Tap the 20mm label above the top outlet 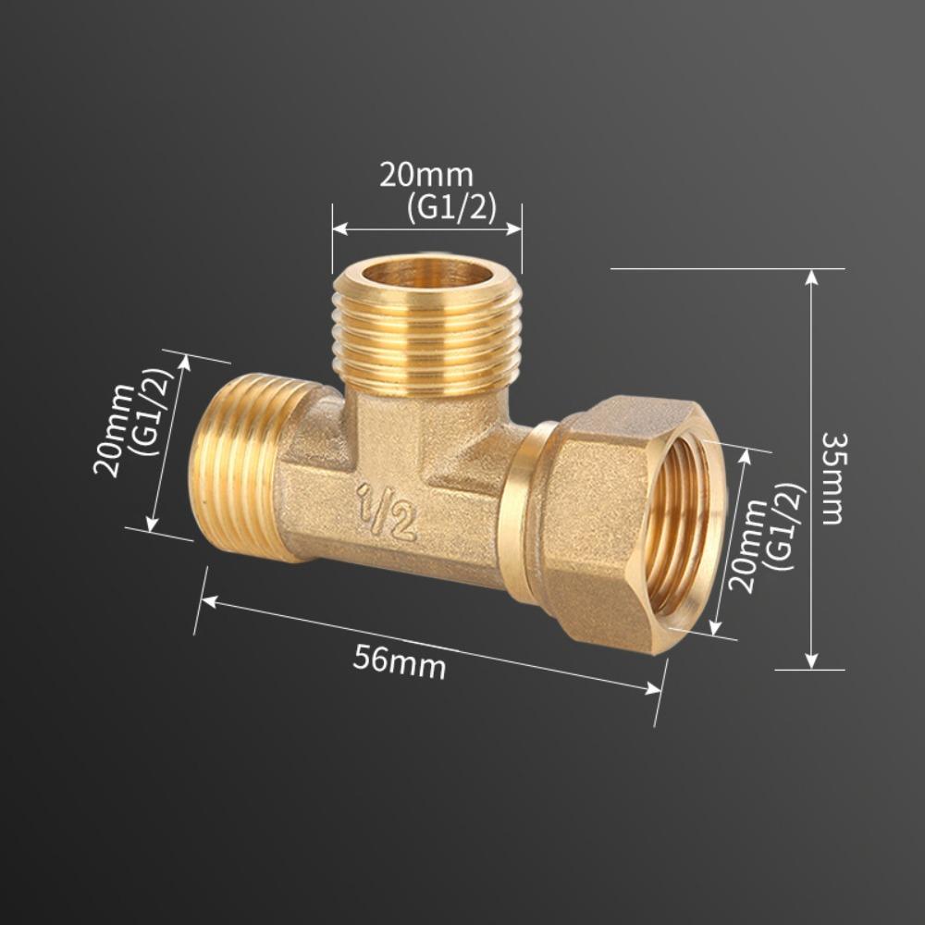pos(425,175)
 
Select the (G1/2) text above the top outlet pos(451,208)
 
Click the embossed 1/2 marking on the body pos(388,512)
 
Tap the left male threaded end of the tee pos(231,467)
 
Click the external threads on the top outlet pos(426,342)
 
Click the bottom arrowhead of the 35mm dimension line pos(811,662)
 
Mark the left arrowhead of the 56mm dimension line pos(207,602)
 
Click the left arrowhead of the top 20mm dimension pos(339,228)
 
